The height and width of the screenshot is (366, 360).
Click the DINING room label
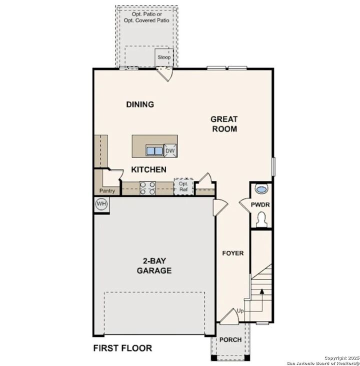140,104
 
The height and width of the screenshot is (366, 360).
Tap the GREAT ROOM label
223,123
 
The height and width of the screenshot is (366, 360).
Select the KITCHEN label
148,169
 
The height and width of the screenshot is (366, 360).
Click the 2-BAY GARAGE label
154,265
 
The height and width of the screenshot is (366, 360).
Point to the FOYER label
233,253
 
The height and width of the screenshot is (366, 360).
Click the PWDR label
260,204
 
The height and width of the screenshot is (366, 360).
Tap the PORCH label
230,339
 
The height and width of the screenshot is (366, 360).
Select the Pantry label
107,190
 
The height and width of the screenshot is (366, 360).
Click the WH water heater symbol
101,204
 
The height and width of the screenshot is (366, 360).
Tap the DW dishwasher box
170,150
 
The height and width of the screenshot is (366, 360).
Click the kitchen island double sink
154,150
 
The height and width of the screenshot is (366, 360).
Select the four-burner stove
147,187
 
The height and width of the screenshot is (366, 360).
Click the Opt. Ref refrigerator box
183,187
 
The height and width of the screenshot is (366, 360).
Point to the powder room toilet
260,218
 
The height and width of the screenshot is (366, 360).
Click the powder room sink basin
261,189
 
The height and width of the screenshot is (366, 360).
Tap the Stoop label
164,57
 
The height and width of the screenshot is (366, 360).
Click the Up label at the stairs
239,311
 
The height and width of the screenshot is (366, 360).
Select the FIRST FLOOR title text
122,348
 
